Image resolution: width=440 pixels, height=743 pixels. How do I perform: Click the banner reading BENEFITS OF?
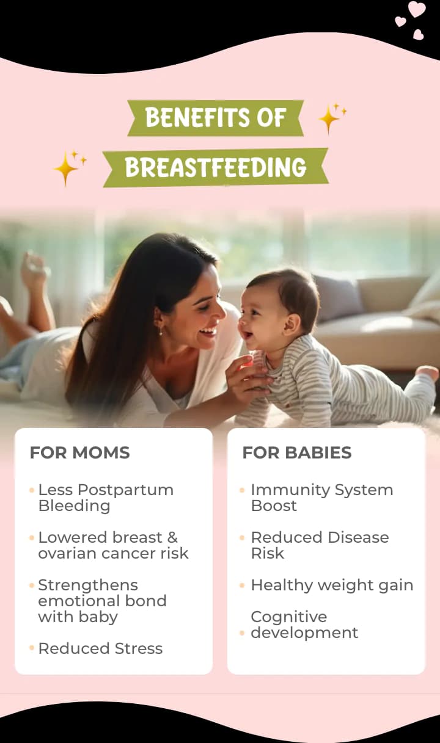[215, 117]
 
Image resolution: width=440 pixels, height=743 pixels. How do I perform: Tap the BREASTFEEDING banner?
[215, 167]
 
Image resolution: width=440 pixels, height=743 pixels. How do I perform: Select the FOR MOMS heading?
[79, 453]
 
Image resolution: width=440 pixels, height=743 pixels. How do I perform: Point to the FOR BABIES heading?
[296, 453]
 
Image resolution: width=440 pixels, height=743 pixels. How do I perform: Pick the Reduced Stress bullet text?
[100, 648]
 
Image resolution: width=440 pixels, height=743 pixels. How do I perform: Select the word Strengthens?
[88, 585]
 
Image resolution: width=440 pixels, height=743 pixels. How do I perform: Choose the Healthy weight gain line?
[332, 585]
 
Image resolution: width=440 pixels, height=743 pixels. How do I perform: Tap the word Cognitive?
[288, 617]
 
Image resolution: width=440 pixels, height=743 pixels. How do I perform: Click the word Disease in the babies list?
[354, 537]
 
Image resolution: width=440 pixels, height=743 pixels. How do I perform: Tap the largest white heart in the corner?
[417, 9]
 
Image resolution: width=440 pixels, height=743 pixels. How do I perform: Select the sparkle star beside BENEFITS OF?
[330, 118]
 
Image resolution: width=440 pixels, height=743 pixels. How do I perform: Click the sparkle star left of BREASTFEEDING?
[67, 167]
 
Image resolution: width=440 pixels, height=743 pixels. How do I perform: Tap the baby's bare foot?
[427, 372]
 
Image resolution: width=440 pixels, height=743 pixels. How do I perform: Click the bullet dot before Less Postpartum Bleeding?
[32, 490]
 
